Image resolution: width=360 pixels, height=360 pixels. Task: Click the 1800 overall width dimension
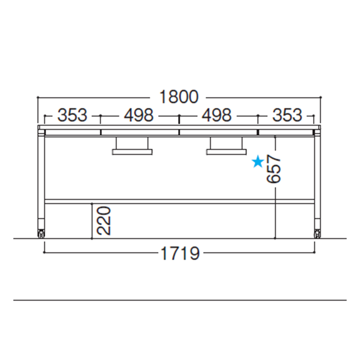(179, 97)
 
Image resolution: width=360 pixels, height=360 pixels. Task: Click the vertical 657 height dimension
(274, 169)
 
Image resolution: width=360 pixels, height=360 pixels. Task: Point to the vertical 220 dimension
(104, 221)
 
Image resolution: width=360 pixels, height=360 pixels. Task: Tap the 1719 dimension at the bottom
(180, 253)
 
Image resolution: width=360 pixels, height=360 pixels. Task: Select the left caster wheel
(41, 233)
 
